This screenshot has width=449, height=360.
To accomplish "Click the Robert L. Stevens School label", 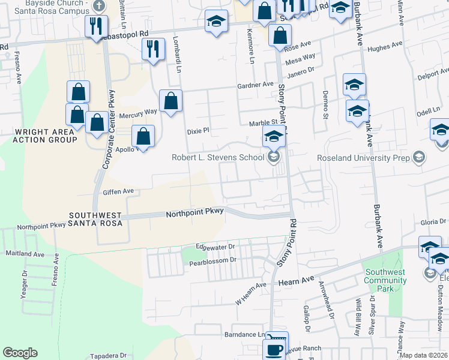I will (218, 158).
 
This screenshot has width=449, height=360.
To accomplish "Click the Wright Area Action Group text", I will (46, 136).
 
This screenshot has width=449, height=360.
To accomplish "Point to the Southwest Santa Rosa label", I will (95, 219).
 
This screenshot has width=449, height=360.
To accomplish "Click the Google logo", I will (20, 353).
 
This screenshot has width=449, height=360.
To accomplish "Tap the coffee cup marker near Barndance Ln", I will (276, 348).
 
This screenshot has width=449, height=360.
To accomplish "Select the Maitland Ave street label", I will (25, 254).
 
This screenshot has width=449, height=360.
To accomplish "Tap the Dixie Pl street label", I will (197, 130).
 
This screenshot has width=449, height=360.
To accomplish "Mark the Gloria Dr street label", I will (433, 222).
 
